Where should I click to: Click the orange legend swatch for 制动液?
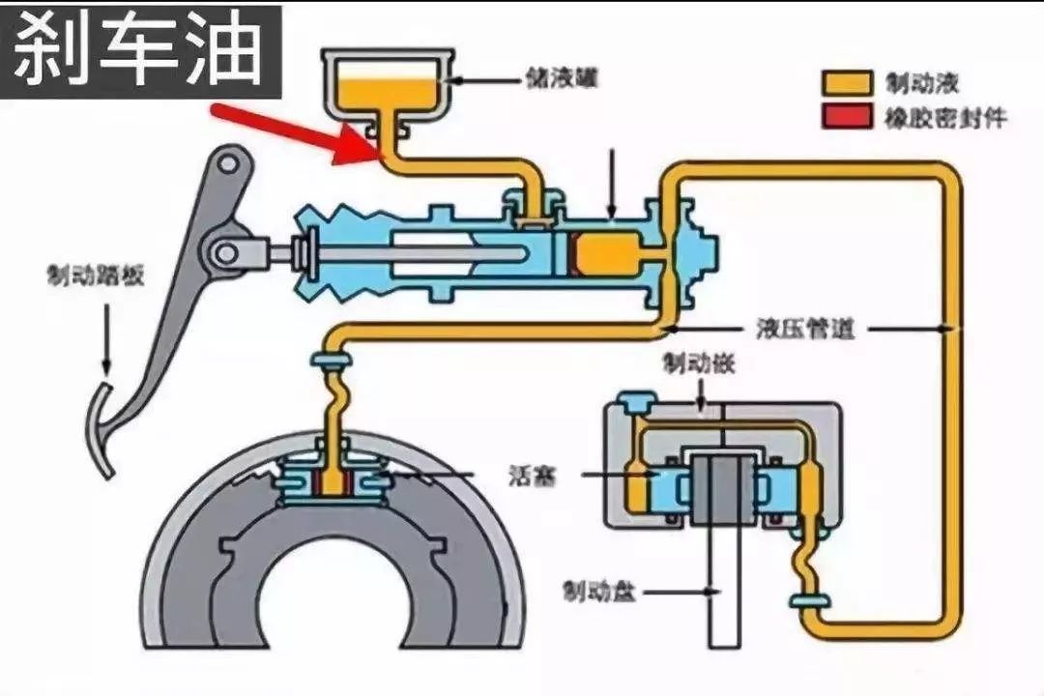point(843,82)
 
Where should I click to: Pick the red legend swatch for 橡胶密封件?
point(843,118)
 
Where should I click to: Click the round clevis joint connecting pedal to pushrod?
point(229,252)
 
